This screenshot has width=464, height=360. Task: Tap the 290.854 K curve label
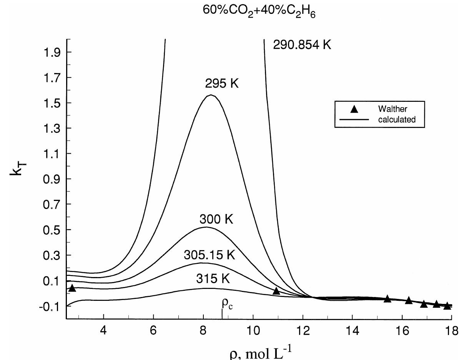(302, 45)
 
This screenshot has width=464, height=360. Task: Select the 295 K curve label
(222, 83)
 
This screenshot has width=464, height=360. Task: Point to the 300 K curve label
(216, 219)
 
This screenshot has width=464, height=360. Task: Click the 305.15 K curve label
(209, 255)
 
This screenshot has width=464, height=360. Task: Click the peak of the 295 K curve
(211, 95)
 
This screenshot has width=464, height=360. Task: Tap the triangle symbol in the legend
(354, 109)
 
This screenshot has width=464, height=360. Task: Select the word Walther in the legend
(392, 109)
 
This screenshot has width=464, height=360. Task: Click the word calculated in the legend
(397, 119)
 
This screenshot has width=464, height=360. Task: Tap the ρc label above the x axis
(227, 304)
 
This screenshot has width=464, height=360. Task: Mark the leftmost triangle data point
(72, 288)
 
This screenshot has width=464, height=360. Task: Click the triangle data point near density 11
(276, 291)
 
